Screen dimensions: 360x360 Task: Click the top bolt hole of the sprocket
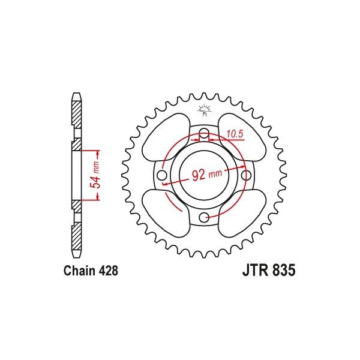coord(204,133)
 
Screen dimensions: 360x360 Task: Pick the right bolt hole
coord(245,175)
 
